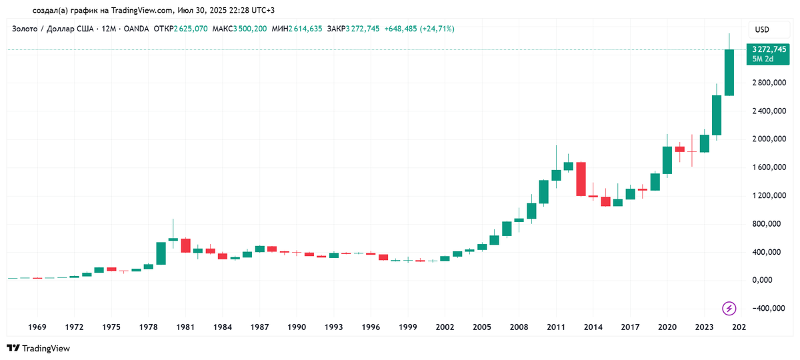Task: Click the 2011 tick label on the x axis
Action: (556, 327)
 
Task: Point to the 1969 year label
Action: (37, 327)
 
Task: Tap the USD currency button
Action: (761, 29)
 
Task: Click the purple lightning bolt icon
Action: (729, 308)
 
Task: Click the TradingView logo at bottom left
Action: (38, 348)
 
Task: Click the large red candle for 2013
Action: (581, 179)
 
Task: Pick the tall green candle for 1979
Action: (161, 253)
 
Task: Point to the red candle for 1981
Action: (185, 245)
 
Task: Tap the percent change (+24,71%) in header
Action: (437, 29)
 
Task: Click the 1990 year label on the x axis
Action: (297, 327)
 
